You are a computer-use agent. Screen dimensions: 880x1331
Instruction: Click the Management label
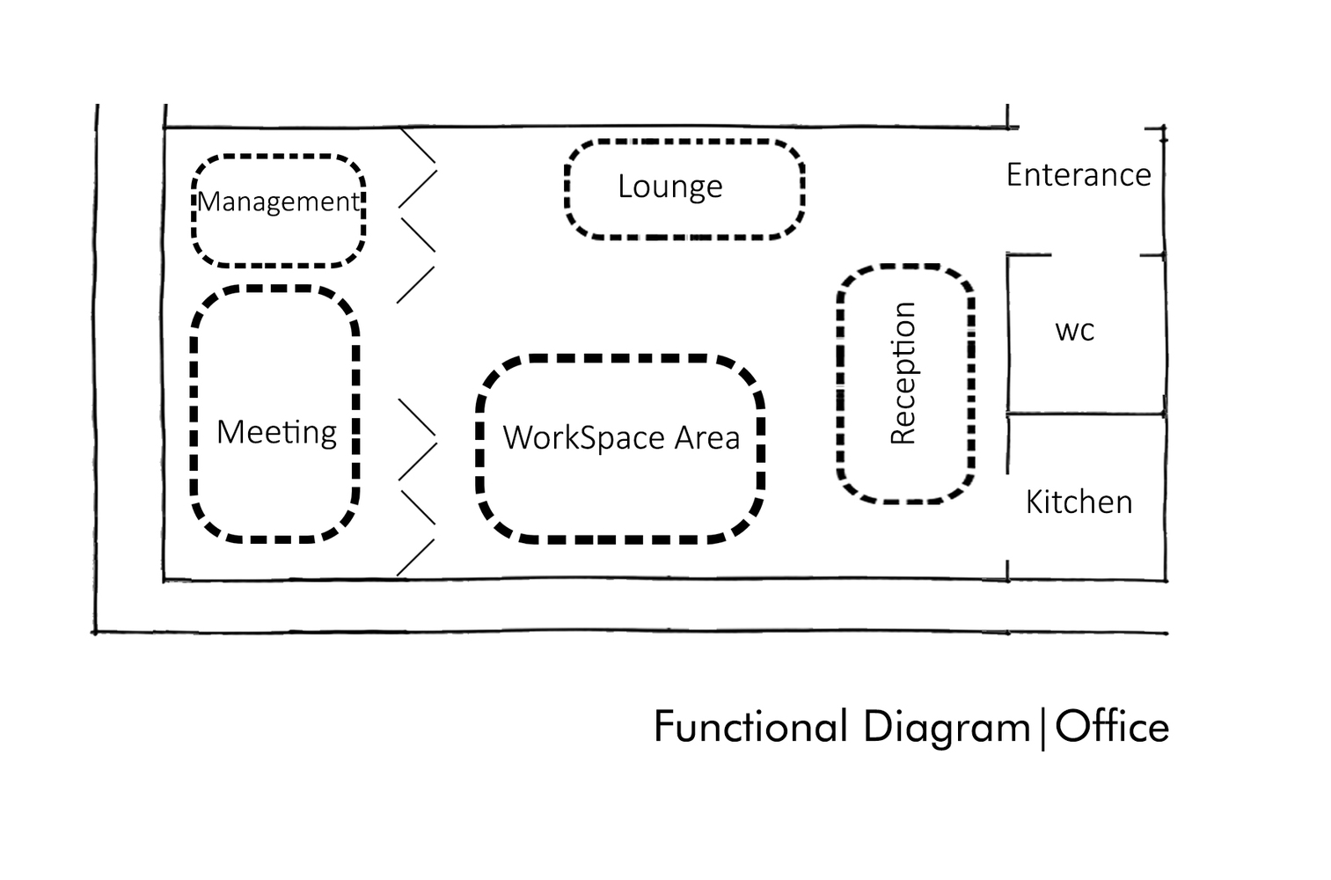pos(278,202)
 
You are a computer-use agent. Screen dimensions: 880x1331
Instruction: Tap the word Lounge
pos(669,187)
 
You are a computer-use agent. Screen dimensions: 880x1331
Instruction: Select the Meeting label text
pos(276,432)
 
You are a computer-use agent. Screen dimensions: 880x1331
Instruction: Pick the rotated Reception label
pos(903,373)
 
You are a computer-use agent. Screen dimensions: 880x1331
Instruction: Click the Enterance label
pos(1079,175)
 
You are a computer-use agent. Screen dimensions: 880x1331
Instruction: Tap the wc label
pos(1074,331)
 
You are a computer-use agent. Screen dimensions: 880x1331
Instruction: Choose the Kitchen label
pos(1079,502)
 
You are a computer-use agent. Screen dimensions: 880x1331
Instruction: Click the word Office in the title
pos(1112,728)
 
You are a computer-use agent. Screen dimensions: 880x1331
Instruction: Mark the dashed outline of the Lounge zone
pos(684,141)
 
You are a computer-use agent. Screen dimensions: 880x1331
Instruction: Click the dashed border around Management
pos(278,157)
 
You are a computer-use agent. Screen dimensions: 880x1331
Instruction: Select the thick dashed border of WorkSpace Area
pos(621,359)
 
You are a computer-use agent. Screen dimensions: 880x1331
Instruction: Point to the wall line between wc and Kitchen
pos(1086,414)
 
